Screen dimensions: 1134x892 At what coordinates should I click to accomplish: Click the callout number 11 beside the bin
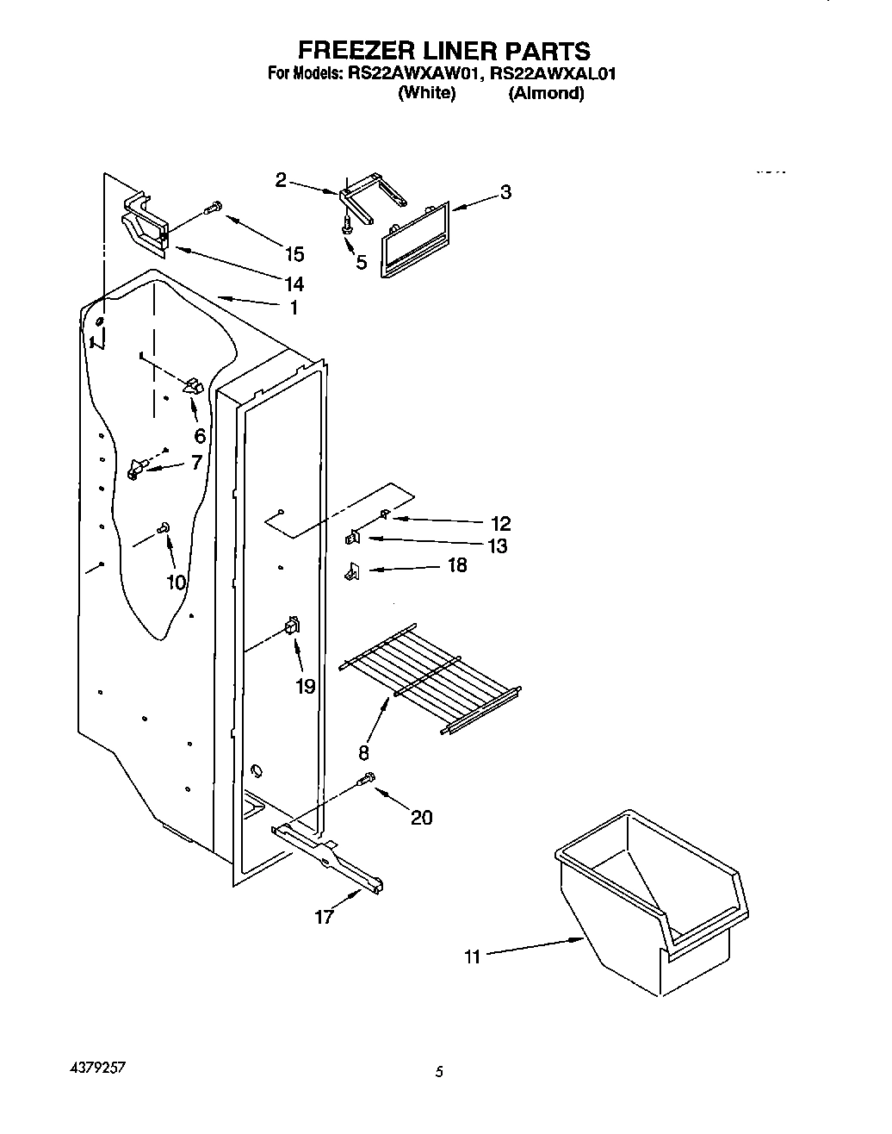[472, 956]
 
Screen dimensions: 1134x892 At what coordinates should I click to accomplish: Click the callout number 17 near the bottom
[324, 918]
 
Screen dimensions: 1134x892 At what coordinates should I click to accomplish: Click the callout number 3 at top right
[505, 192]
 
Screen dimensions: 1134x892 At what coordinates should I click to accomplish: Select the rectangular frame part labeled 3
[415, 241]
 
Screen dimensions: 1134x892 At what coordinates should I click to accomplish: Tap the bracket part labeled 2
[370, 197]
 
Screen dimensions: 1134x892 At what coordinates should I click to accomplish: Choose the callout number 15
[294, 253]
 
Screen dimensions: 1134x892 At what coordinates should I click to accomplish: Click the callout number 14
[294, 283]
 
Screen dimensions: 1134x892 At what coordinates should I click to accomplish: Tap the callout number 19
[304, 686]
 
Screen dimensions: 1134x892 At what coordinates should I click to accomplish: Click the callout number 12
[500, 523]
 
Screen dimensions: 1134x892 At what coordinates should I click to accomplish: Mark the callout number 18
[457, 565]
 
